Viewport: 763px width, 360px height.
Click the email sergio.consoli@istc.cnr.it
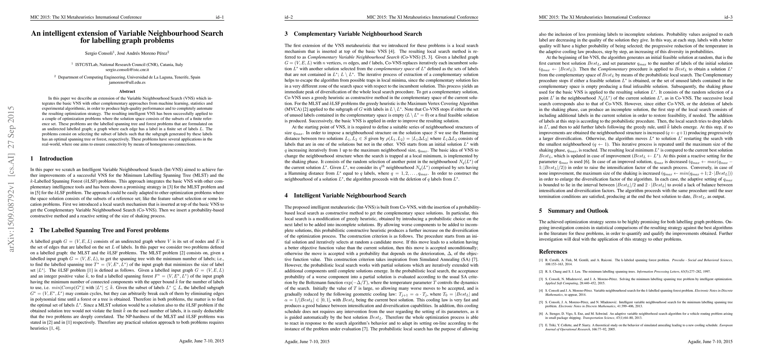[x=127, y=70]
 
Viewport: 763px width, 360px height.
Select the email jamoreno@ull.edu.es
[x=127, y=82]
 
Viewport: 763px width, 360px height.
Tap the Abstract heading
[x=127, y=91]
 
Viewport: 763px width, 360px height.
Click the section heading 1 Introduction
[x=52, y=159]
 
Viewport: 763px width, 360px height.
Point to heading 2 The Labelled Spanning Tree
[x=100, y=230]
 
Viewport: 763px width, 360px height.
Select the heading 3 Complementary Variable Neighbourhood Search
[x=353, y=34]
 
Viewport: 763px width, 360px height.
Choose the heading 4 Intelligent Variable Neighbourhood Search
[x=346, y=196]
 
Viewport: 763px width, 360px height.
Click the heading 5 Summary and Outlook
[x=573, y=211]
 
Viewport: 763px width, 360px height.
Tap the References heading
[x=553, y=252]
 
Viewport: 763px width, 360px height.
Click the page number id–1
[x=220, y=17]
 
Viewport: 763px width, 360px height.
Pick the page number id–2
[x=289, y=17]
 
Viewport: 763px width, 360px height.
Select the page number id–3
[x=729, y=17]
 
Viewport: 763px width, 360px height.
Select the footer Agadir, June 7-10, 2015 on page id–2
[x=307, y=341]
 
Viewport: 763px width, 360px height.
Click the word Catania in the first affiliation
[x=167, y=64]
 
